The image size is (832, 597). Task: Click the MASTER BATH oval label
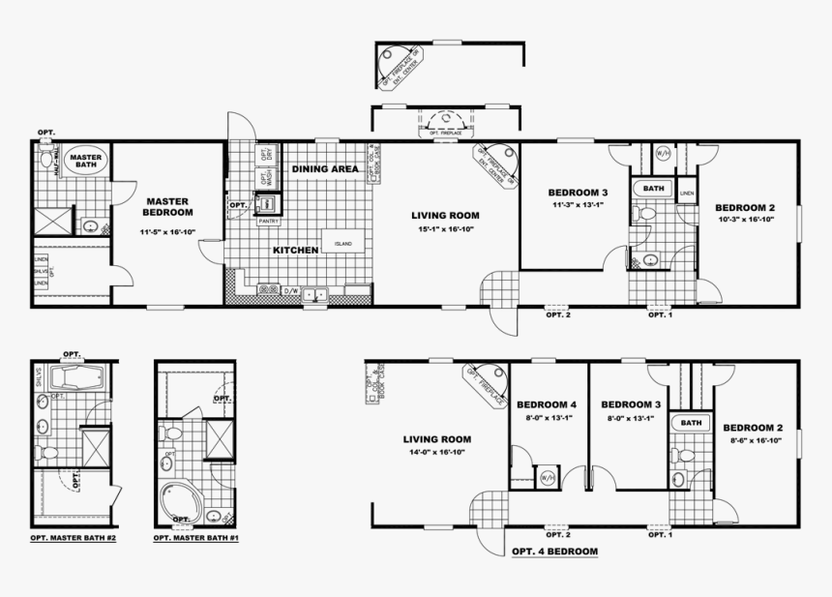coord(85,159)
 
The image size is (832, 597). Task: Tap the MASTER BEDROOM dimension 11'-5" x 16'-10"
coord(167,233)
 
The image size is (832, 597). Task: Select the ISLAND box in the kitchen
coord(343,244)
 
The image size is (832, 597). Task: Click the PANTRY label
coord(267,220)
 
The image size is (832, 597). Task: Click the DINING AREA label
coord(325,169)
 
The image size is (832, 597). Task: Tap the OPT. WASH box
coord(265,178)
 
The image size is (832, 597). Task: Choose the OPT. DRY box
coord(265,155)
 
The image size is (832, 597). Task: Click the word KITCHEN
coord(295,251)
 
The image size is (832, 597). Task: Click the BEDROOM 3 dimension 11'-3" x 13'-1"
coord(578,205)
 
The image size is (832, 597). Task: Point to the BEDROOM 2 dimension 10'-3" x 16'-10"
coord(745,220)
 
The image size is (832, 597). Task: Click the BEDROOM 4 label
coord(547,403)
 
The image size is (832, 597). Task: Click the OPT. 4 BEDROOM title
coord(553,552)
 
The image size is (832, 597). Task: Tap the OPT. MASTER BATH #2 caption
coord(74,536)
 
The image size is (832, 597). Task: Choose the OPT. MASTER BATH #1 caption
coord(196,536)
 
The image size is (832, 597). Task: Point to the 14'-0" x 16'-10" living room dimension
coord(436,451)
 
